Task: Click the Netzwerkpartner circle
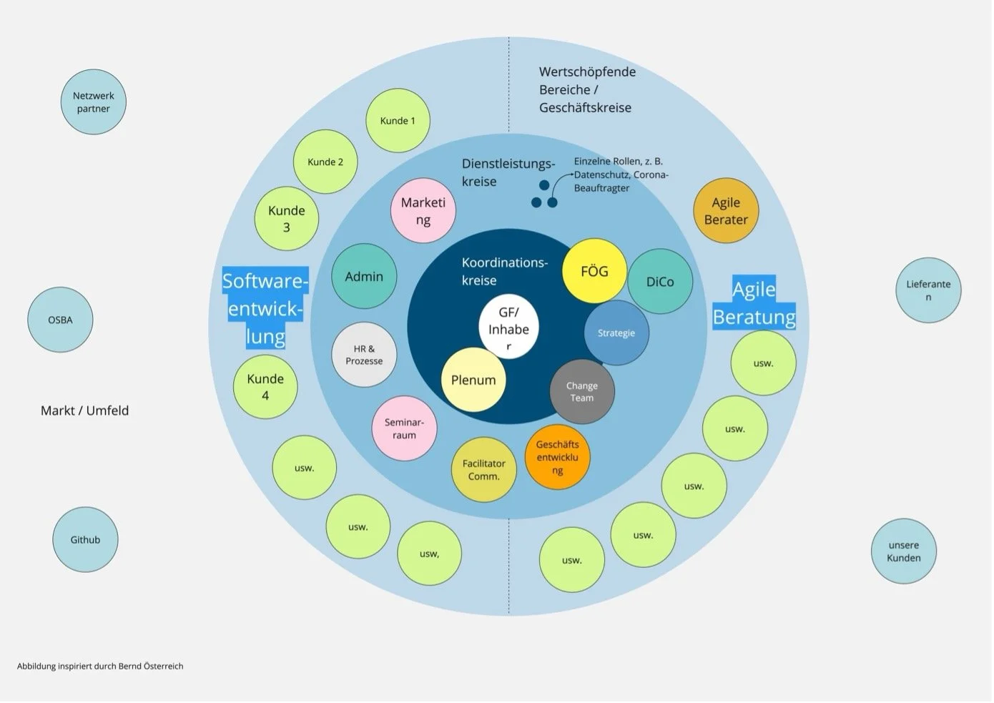click(94, 102)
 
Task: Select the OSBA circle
click(60, 320)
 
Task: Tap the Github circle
click(85, 540)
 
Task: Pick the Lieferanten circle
click(928, 290)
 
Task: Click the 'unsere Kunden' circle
click(904, 551)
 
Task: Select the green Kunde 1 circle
click(398, 121)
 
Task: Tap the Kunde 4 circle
click(265, 386)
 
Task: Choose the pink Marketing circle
click(423, 211)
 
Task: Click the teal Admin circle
click(364, 277)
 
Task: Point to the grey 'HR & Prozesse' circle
click(364, 355)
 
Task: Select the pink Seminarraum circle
click(404, 428)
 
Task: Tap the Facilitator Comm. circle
click(484, 470)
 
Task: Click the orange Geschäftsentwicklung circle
click(557, 457)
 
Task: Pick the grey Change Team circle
click(582, 392)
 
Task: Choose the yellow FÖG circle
click(594, 272)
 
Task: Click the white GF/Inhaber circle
click(508, 329)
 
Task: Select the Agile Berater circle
click(726, 211)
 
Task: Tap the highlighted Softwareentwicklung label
click(265, 308)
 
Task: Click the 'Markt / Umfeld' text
click(84, 411)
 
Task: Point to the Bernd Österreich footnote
click(100, 666)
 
